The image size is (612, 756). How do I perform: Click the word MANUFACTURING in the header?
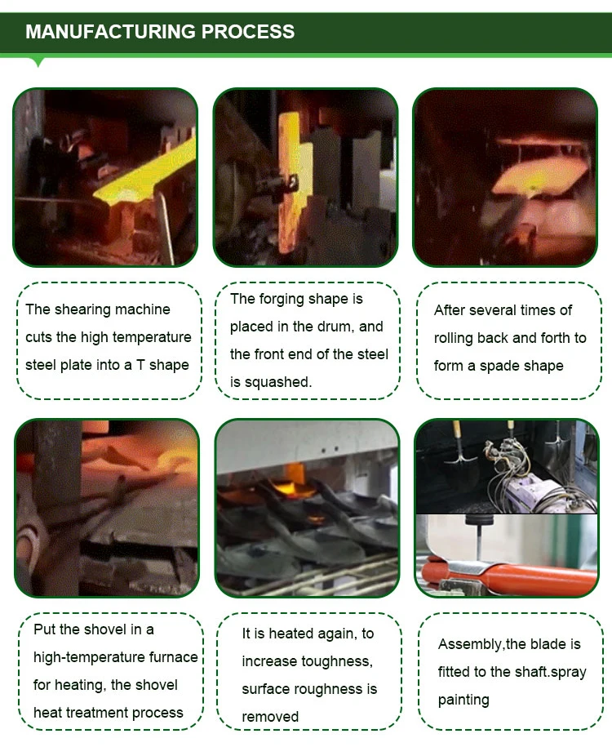pos(110,32)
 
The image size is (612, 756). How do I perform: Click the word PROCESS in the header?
pos(248,32)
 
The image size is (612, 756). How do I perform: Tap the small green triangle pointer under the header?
pos(38,62)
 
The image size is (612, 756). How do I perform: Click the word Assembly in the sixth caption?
pos(470,645)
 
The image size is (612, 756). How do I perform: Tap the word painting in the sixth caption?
pos(463,700)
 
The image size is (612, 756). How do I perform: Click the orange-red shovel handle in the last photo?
pos(511,574)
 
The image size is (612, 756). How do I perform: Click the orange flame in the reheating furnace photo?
pos(299,483)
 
